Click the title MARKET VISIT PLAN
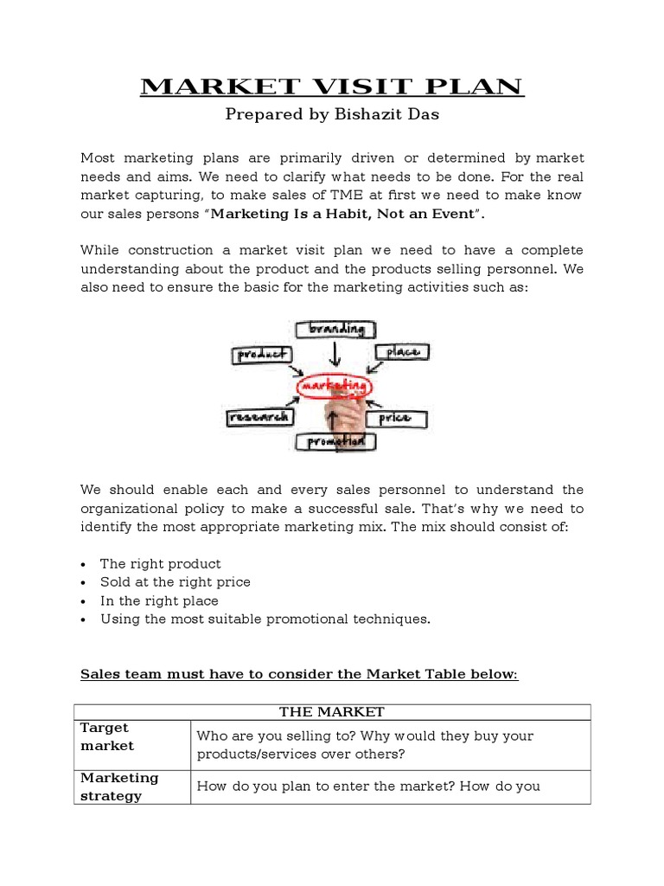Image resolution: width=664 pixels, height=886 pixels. pos(331,87)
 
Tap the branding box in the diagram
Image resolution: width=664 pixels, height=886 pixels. pos(335,330)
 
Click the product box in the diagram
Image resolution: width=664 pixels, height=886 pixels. pos(262,355)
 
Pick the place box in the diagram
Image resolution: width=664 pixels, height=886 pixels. pos(400,352)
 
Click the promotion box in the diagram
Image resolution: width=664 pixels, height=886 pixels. pos(335,441)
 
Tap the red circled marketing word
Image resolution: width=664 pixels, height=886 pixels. pos(334,384)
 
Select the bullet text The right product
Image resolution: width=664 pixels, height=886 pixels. pos(160,563)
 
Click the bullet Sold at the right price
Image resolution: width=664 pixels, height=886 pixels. pos(175,582)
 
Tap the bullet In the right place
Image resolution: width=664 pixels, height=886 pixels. pos(159,600)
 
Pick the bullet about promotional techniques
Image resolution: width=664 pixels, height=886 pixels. pos(265,620)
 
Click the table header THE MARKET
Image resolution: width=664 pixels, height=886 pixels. pos(331,712)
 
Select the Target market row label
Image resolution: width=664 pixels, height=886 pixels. pos(107,737)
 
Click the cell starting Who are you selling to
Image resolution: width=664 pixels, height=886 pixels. pos(365,745)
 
